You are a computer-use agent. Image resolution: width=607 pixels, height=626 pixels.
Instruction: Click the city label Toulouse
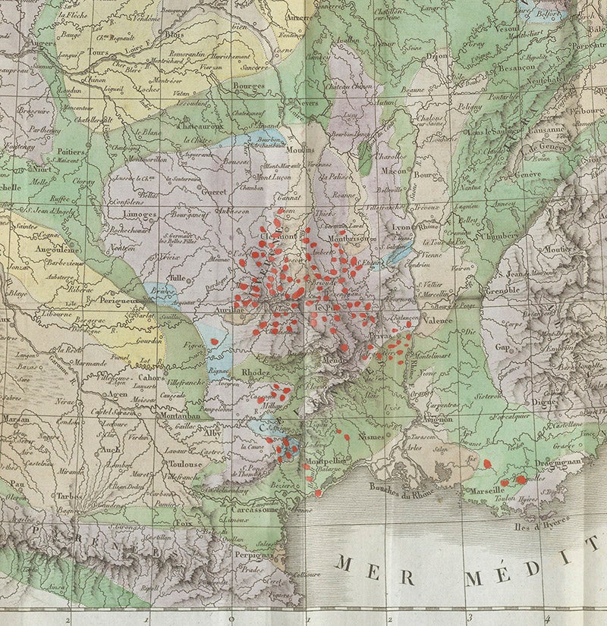click(x=184, y=464)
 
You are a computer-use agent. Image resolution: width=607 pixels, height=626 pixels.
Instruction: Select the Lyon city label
click(x=401, y=227)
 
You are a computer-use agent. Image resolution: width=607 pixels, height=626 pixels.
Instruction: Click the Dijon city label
click(x=437, y=55)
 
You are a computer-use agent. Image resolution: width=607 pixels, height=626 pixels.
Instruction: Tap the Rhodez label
click(x=255, y=374)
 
